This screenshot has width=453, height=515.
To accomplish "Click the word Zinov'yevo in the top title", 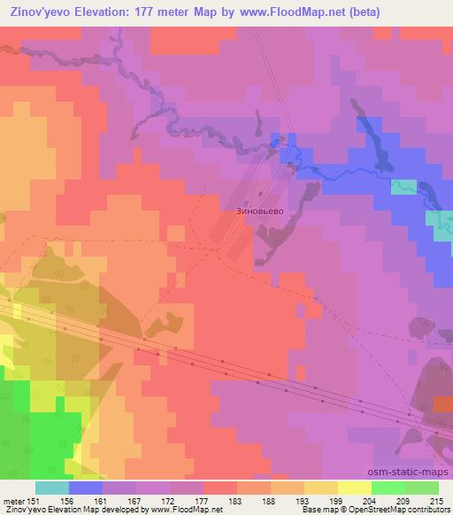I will tap(41, 12).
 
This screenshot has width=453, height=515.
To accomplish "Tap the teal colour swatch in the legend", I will tap(52, 487).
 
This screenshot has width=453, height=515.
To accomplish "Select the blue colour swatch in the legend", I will tap(86, 487).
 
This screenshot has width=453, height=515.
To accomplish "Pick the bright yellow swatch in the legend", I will tap(354, 487).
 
